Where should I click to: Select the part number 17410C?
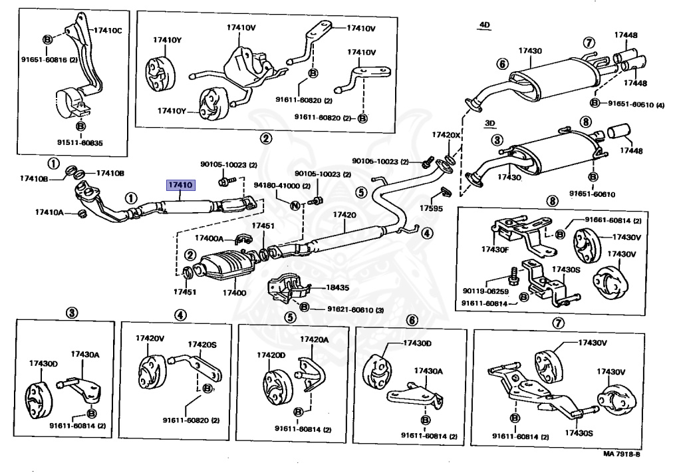(x=108, y=31)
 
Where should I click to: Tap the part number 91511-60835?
(x=80, y=142)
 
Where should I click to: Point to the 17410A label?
(x=50, y=212)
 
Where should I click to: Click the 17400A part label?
(x=211, y=237)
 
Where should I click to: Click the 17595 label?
(x=431, y=208)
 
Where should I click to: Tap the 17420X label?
(x=446, y=135)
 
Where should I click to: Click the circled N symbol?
(x=293, y=204)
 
